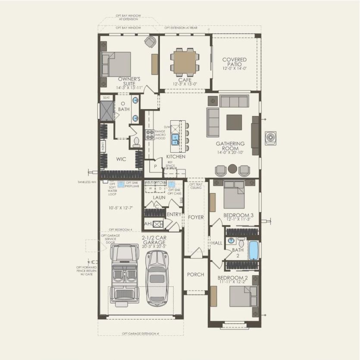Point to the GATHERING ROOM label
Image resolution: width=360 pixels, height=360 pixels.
click(231, 146)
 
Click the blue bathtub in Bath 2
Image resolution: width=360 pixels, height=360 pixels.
click(254, 250)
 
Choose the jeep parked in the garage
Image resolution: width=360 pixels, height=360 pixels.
click(124, 273)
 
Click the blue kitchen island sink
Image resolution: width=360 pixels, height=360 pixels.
click(176, 139)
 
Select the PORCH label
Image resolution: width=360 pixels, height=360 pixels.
click(195, 275)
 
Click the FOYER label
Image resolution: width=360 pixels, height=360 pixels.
click(195, 217)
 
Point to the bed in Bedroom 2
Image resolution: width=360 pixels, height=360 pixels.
click(243, 296)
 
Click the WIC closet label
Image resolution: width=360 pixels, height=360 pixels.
click(121, 159)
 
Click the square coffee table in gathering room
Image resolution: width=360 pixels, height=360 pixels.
click(234, 122)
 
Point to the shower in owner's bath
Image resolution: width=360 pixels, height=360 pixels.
click(106, 111)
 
